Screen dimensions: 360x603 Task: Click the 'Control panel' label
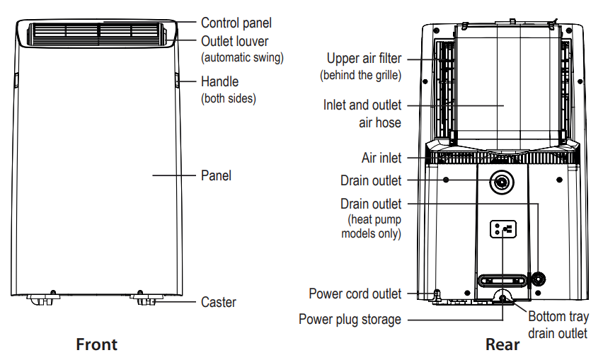click(236, 23)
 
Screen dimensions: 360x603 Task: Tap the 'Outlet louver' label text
click(234, 42)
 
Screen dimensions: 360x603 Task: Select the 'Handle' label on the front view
click(219, 82)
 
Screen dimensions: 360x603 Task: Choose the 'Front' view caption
click(96, 344)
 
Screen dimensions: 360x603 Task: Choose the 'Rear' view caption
click(502, 344)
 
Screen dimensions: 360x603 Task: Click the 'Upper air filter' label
click(364, 58)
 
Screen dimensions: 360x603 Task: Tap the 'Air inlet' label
click(381, 158)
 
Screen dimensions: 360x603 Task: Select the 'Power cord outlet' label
click(355, 294)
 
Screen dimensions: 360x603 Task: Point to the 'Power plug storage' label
click(350, 319)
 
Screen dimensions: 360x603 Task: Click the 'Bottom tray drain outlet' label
click(558, 325)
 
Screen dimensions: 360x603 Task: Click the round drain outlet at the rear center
click(502, 181)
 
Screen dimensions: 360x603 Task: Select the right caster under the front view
click(146, 299)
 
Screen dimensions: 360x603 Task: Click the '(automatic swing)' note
click(242, 57)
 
